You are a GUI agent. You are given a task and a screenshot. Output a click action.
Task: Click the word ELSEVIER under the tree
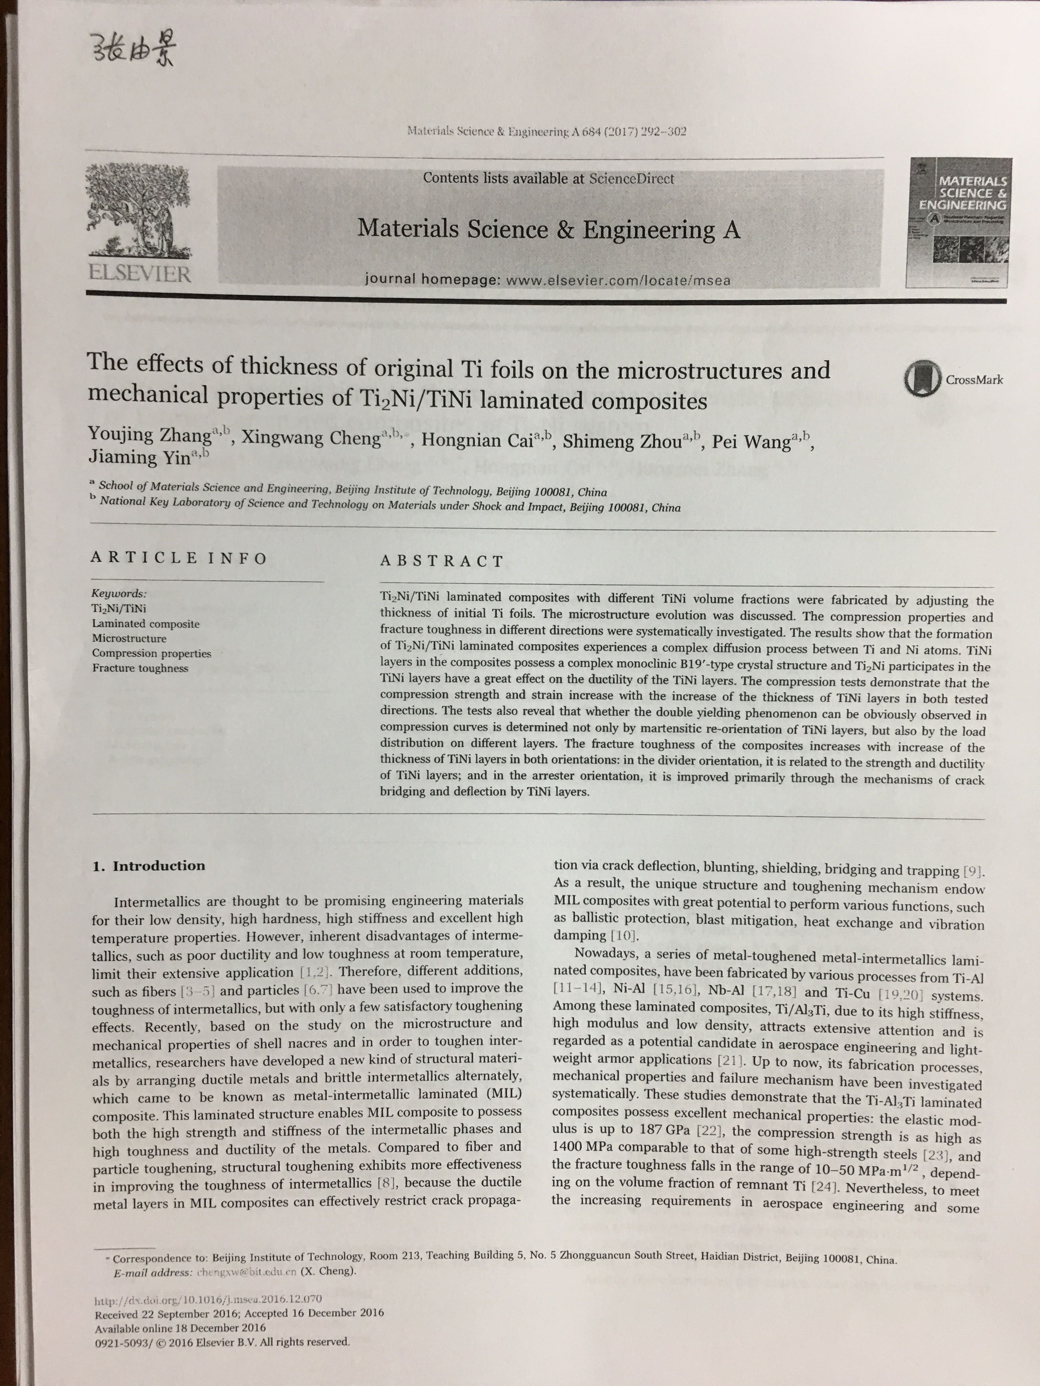click(x=140, y=274)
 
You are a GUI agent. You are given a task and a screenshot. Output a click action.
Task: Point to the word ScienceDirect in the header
click(x=631, y=178)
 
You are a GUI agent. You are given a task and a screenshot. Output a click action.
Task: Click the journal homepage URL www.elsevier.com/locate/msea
click(x=617, y=280)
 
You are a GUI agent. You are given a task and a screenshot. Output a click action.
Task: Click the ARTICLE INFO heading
click(x=178, y=558)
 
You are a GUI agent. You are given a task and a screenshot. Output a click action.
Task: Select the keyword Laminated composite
click(x=145, y=624)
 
